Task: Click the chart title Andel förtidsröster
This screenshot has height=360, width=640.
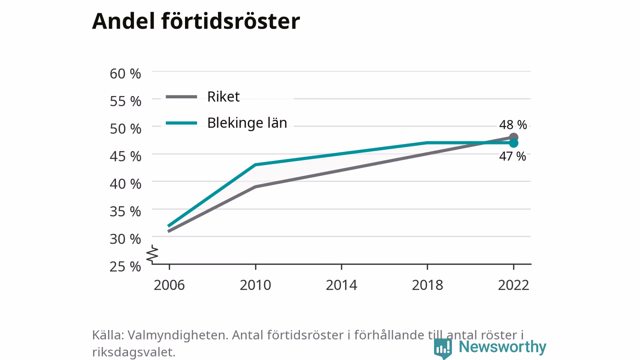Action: (x=196, y=21)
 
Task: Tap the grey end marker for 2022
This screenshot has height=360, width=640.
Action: (x=513, y=137)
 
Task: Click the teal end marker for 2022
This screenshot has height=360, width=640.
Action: (x=513, y=143)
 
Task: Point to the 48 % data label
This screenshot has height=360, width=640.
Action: (x=513, y=124)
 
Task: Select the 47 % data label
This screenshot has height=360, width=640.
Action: (x=512, y=156)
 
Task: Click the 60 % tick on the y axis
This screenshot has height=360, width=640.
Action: (x=125, y=73)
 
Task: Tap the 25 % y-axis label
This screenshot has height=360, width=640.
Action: (x=125, y=266)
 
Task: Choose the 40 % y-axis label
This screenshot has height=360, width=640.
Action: (x=125, y=184)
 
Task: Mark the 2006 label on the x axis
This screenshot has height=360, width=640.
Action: (x=169, y=285)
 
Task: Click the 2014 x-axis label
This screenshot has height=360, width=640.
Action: (x=341, y=285)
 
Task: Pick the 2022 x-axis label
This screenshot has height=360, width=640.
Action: (x=513, y=285)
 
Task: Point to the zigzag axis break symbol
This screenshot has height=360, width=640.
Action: (x=152, y=254)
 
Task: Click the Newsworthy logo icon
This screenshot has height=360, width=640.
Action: (x=442, y=348)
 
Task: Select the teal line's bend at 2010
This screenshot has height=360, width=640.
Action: (x=255, y=164)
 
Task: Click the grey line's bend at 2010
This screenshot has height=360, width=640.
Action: (x=255, y=187)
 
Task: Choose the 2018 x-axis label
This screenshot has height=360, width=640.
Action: (x=427, y=285)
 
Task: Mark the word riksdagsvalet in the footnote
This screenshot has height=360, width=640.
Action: (x=133, y=352)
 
